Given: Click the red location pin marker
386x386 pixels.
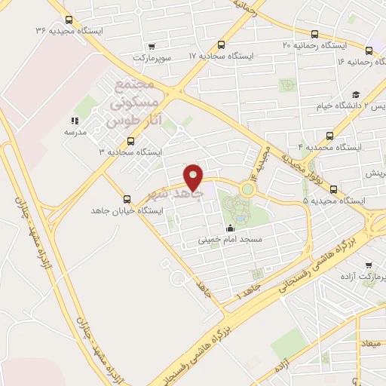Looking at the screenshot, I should pyautogui.click(x=194, y=176).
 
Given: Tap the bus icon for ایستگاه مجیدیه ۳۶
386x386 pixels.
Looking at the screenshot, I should pyautogui.click(x=69, y=20).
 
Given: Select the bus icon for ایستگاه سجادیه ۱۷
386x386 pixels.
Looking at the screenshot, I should pyautogui.click(x=221, y=44).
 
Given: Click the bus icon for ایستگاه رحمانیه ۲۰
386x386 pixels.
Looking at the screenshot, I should pyautogui.click(x=314, y=33).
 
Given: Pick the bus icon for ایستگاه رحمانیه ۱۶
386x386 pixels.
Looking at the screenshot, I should pyautogui.click(x=369, y=51).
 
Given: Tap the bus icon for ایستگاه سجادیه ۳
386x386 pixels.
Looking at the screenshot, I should pyautogui.click(x=131, y=140).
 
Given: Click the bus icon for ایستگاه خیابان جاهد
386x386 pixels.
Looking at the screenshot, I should pyautogui.click(x=126, y=200).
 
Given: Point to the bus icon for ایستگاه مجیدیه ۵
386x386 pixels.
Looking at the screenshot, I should pyautogui.click(x=334, y=189).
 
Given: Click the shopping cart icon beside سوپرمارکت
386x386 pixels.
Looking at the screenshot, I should pyautogui.click(x=152, y=46).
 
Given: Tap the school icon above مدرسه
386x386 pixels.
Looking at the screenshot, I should pyautogui.click(x=75, y=121).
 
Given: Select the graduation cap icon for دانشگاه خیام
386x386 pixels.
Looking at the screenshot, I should pyautogui.click(x=356, y=94).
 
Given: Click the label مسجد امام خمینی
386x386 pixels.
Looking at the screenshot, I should pyautogui.click(x=229, y=240).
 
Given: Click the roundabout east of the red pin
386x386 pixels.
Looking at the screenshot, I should pyautogui.click(x=247, y=188).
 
